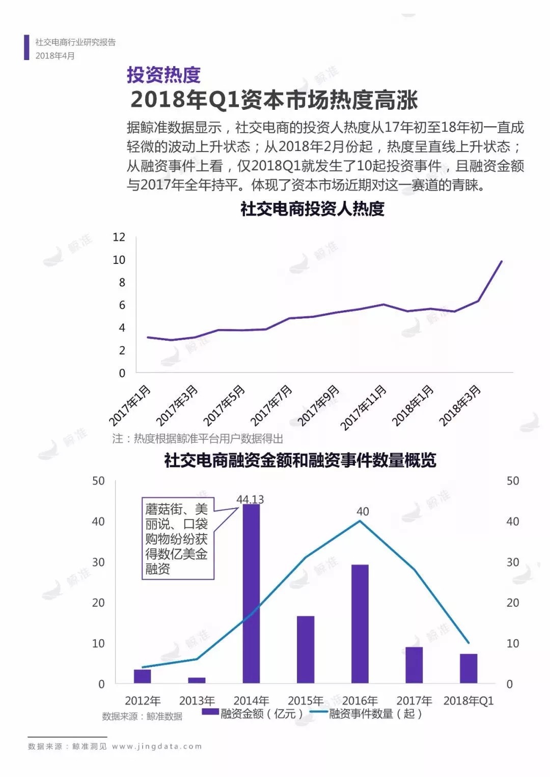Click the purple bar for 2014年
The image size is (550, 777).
[x=251, y=593]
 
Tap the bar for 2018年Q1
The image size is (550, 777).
[x=469, y=668]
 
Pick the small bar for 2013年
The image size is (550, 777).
[x=197, y=680]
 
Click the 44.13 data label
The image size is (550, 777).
[x=250, y=499]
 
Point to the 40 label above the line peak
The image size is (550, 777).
[x=363, y=512]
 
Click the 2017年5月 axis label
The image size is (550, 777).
[x=225, y=405]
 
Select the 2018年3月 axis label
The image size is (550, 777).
[x=460, y=405]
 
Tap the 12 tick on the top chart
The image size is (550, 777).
[x=119, y=237]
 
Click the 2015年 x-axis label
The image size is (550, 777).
[x=306, y=701]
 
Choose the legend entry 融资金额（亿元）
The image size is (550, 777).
[x=253, y=713]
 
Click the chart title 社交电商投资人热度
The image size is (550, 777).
[x=312, y=209]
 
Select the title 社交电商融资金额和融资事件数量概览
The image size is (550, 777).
[x=300, y=460]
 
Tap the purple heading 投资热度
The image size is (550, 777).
[x=163, y=75]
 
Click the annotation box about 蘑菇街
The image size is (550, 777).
[x=177, y=539]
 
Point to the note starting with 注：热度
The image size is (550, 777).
[x=198, y=438]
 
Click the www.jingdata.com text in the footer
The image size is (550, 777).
[x=157, y=746]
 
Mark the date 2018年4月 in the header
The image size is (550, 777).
[x=55, y=55]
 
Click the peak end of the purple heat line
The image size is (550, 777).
[x=502, y=261]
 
